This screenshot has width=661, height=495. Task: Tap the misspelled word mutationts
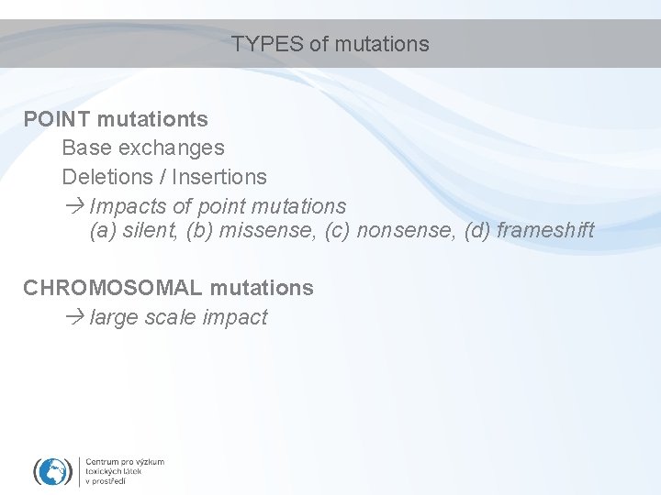coord(152,119)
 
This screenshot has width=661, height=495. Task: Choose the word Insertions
coord(219,176)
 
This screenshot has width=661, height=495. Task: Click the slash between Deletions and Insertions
coord(162,176)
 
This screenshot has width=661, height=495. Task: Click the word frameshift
coord(545,230)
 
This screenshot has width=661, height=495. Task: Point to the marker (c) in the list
coord(337,230)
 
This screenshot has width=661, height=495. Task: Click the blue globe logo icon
coord(53,471)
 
